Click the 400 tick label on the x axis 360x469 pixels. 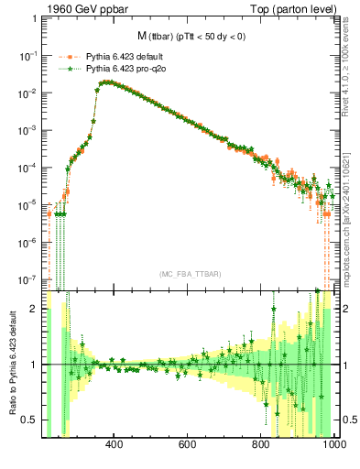click(x=115, y=446)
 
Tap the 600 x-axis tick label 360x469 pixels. click(x=188, y=446)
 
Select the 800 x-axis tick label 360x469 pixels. click(x=261, y=446)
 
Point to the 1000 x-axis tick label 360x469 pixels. click(x=332, y=446)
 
